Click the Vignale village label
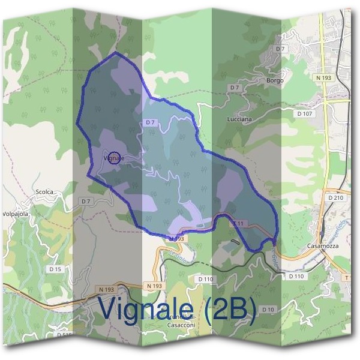pos(114,158)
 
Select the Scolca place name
pos(44,192)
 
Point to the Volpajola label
pos(16,213)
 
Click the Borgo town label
pos(274,80)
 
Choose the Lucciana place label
pos(239,119)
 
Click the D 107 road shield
pos(305,113)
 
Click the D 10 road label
pos(268,309)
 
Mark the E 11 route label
pos(239,223)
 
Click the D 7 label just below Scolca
pos(86,201)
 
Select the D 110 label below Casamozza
pos(296,277)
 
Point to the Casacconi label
pos(180,325)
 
